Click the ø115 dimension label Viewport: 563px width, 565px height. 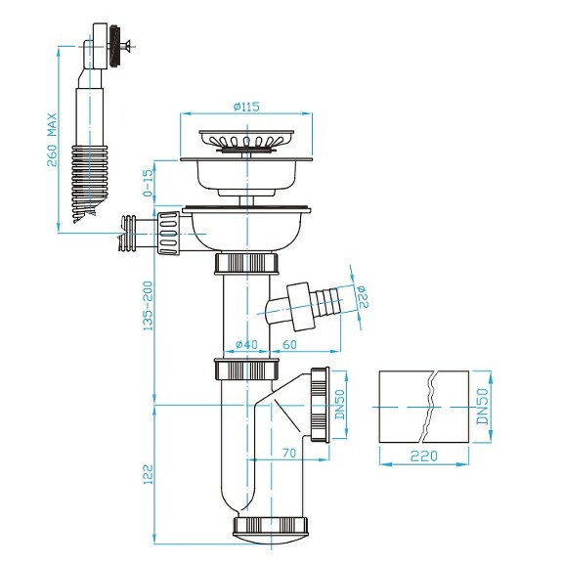246,108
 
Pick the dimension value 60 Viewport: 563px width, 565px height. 290,343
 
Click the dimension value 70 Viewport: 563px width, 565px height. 290,454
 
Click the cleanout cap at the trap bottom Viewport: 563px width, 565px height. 272,528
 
